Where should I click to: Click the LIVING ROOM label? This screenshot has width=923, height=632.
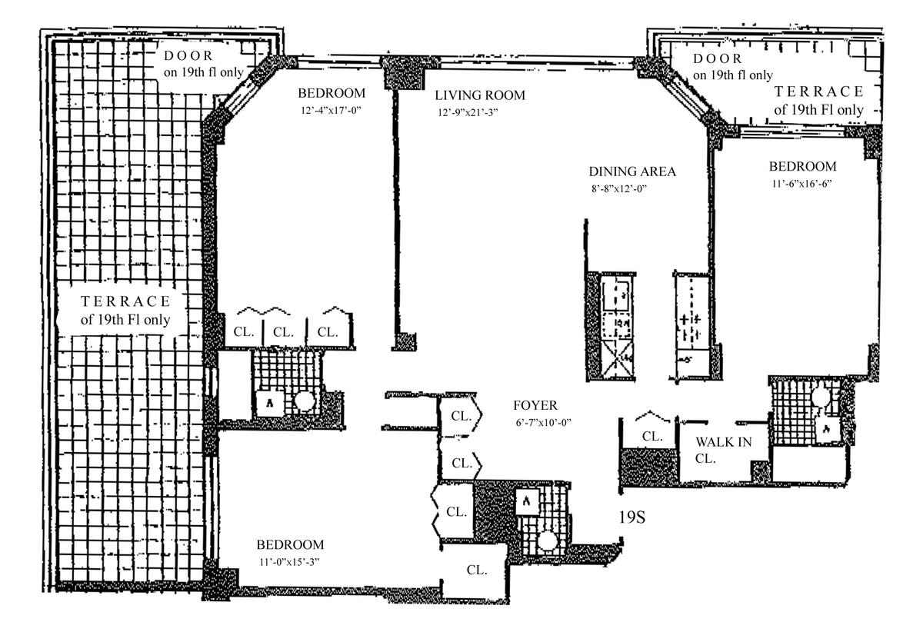click(480, 95)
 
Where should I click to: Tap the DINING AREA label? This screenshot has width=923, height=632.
click(632, 171)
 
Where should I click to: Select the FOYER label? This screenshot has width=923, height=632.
click(535, 405)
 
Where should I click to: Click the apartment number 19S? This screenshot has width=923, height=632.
click(631, 517)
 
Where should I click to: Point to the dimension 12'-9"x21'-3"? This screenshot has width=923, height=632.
click(468, 112)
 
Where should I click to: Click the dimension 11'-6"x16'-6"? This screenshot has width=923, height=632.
click(801, 183)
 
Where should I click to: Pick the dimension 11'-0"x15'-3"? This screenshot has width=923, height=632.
click(290, 562)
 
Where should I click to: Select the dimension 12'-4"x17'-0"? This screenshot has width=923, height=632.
click(332, 111)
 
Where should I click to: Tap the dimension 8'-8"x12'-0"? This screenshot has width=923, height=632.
click(619, 188)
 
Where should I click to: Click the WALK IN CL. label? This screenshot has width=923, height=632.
click(723, 450)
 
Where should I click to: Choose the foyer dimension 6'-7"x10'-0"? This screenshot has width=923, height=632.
click(544, 423)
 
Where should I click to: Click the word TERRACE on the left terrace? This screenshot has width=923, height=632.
click(125, 301)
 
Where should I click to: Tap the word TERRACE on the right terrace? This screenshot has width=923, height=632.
click(818, 91)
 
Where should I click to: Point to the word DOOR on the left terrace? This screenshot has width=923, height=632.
click(188, 55)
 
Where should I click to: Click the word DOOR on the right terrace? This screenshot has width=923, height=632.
click(718, 58)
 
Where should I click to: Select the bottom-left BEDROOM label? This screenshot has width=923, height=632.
click(290, 544)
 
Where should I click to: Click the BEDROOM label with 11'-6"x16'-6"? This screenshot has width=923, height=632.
click(803, 166)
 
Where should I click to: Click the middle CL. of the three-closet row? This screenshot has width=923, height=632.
click(283, 332)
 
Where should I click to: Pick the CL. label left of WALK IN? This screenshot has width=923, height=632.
click(652, 436)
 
